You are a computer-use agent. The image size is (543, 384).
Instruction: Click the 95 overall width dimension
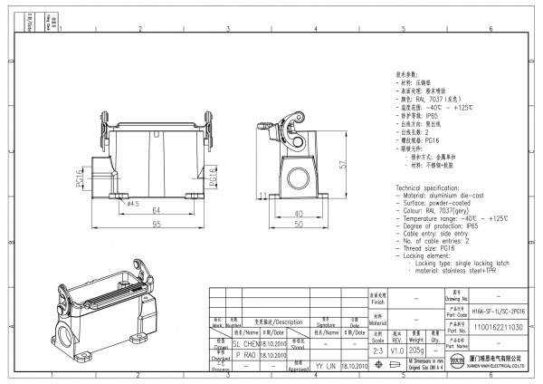point(156,223)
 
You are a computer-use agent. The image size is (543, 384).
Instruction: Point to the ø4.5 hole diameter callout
point(132,204)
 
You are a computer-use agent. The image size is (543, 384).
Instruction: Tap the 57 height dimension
point(342,165)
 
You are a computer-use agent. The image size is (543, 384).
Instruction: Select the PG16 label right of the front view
point(214,177)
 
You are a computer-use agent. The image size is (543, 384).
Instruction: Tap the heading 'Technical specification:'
point(427,186)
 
